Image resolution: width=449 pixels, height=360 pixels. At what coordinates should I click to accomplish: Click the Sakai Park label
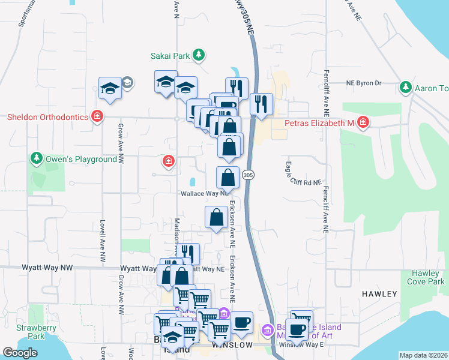click(x=170, y=56)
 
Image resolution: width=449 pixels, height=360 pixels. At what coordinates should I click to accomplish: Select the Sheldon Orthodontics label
click(x=47, y=117)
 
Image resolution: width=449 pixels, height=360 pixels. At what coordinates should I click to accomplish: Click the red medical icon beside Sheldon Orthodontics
click(x=97, y=117)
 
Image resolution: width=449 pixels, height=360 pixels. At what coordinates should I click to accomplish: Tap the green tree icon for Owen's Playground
click(x=37, y=159)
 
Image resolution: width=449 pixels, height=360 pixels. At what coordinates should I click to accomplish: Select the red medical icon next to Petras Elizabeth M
click(x=363, y=123)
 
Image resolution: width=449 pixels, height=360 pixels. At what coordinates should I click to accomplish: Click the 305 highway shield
click(x=248, y=174)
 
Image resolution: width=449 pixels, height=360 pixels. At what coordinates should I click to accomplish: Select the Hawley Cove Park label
click(x=428, y=277)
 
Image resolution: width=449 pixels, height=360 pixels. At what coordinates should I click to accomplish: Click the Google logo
click(x=20, y=353)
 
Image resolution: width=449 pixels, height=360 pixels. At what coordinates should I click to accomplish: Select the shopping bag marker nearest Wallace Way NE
click(x=228, y=178)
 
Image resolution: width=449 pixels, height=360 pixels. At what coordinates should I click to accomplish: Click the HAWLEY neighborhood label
click(x=379, y=294)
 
